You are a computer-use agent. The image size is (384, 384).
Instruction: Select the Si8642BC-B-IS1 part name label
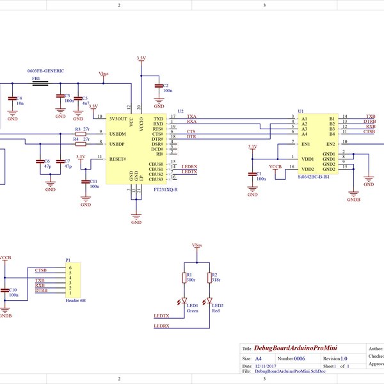(313, 176)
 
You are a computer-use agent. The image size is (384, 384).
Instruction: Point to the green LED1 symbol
(184, 301)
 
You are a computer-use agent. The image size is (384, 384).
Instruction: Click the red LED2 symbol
(209, 301)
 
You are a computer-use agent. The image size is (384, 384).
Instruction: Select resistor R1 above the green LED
(184, 277)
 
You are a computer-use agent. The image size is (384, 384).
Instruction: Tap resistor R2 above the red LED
(209, 277)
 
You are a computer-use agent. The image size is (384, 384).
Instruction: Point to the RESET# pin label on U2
(119, 159)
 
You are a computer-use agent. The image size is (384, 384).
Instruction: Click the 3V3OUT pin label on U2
(120, 119)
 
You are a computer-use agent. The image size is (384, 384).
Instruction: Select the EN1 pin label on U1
(305, 144)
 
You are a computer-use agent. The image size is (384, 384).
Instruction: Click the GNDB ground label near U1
(353, 199)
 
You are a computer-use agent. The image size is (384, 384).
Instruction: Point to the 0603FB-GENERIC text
(45, 70)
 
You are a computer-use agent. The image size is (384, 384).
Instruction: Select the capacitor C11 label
(93, 181)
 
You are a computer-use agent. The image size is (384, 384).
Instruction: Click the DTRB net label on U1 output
(369, 122)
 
